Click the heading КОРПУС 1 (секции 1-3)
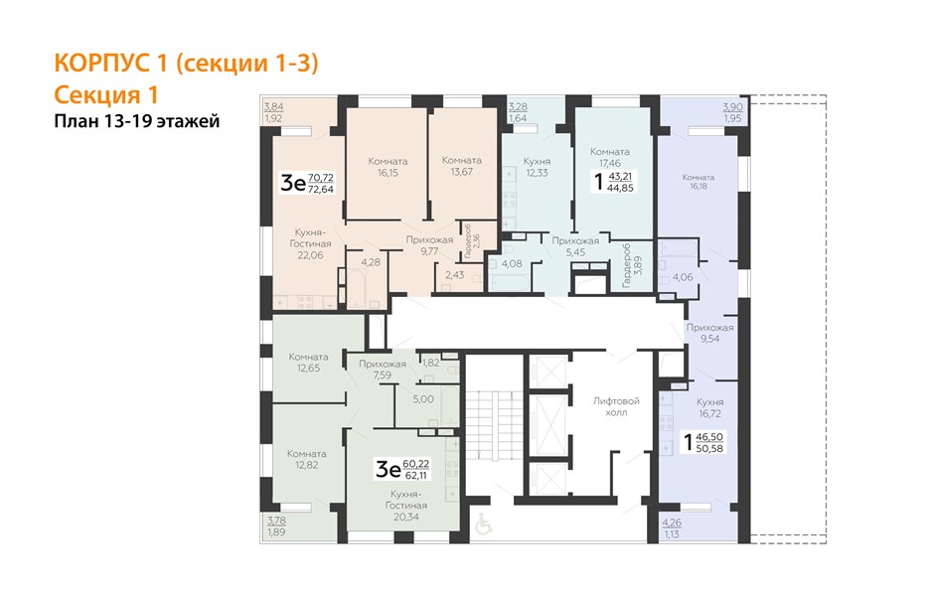tap(186, 64)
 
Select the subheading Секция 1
tap(105, 94)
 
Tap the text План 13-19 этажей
tap(136, 121)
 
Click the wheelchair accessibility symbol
tap(484, 523)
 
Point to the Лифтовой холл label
tap(616, 406)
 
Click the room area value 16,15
tap(388, 173)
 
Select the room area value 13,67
tap(461, 172)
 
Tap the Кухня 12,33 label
tap(537, 167)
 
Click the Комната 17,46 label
tap(609, 157)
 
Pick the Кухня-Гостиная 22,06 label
tap(310, 243)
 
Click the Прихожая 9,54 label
tap(709, 333)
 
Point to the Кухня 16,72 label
tap(709, 407)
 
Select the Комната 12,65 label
tap(308, 363)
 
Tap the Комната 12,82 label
tap(306, 459)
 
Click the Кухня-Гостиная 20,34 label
tap(405, 506)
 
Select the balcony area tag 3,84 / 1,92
tap(273, 112)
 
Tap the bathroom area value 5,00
tap(423, 399)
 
